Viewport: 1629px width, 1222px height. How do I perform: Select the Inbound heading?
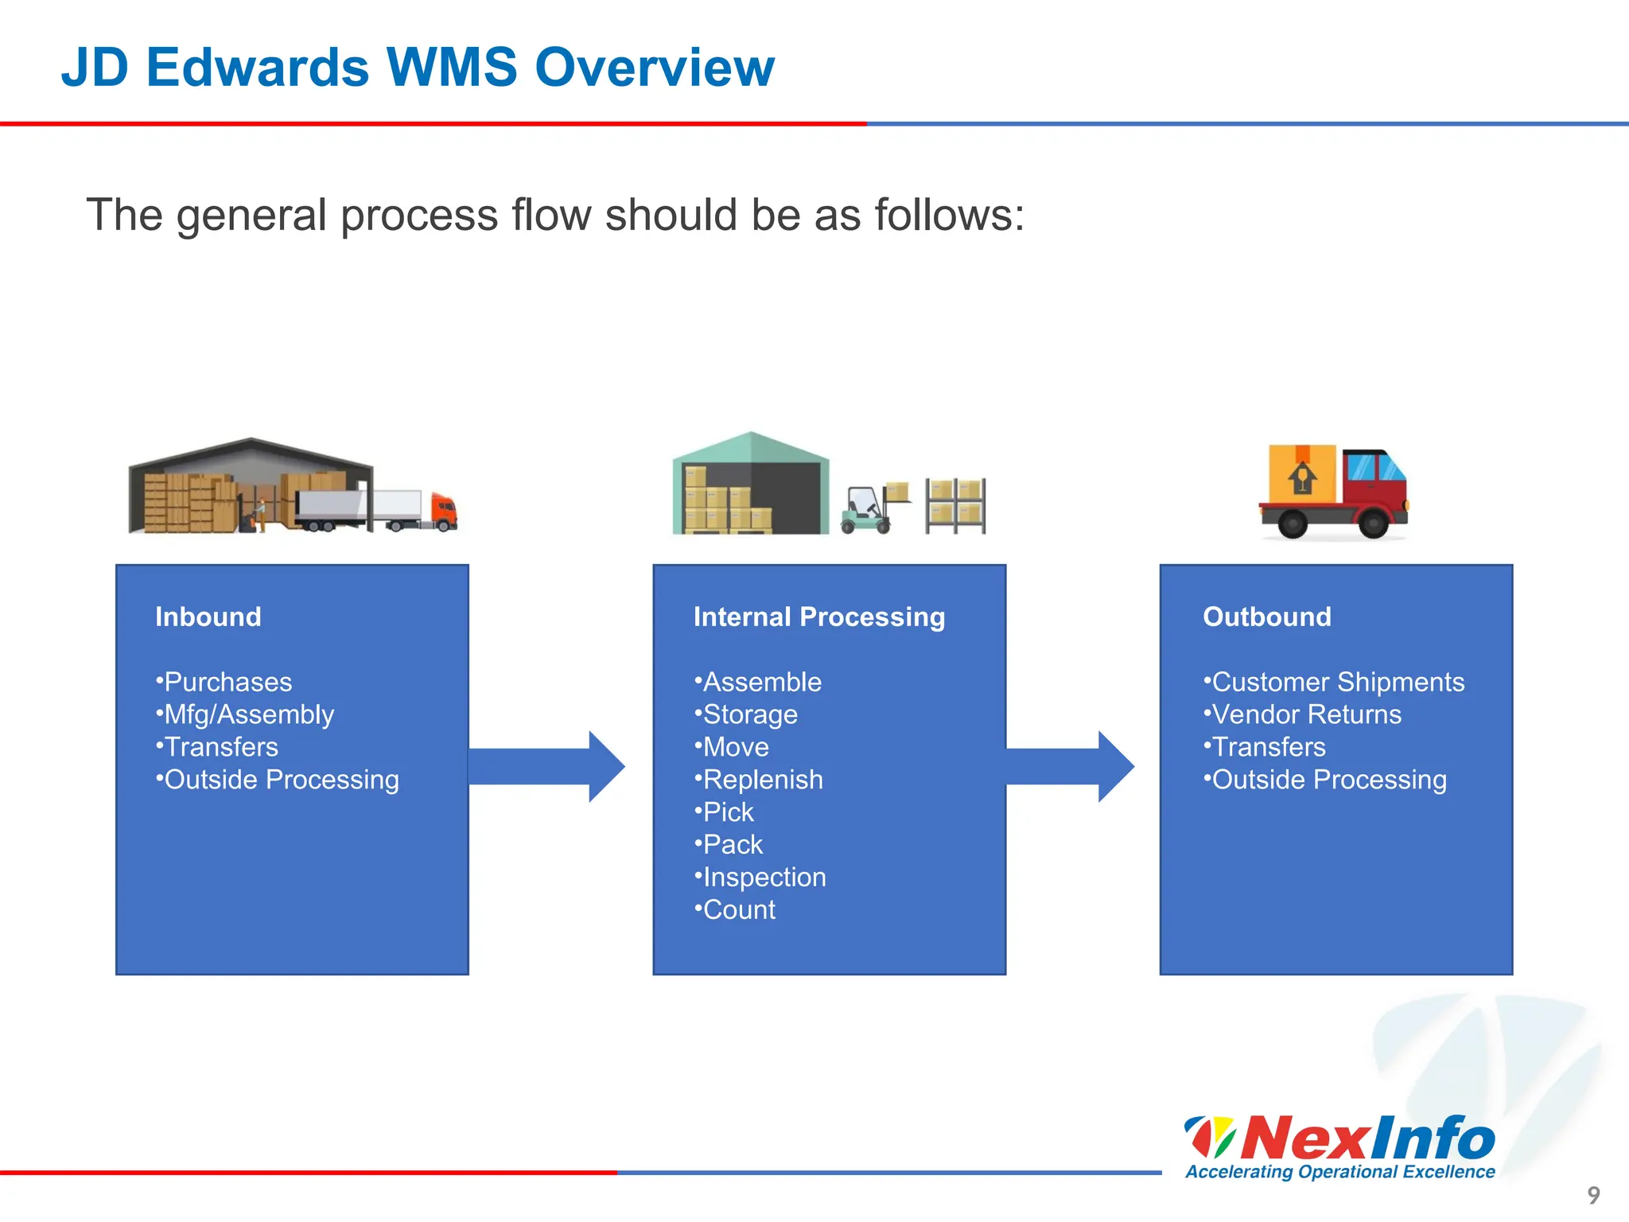[208, 617]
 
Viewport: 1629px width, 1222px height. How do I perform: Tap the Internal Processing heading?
[818, 617]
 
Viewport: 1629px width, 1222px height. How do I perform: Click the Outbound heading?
[1266, 617]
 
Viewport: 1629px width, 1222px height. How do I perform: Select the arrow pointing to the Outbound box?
[1070, 766]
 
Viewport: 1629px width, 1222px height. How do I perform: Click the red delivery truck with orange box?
[1333, 491]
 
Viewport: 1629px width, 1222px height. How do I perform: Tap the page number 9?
[1593, 1194]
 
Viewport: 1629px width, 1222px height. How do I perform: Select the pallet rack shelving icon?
[955, 505]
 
